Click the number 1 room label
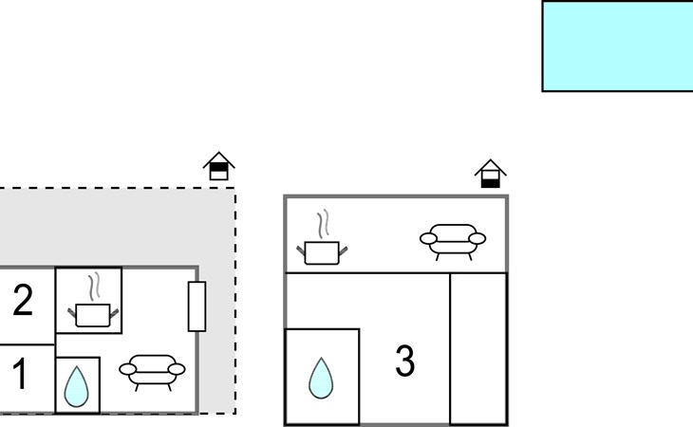click(20, 374)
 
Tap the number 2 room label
click(23, 300)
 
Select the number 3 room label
click(404, 361)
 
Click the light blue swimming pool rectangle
click(617, 46)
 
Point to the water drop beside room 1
click(77, 387)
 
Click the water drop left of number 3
click(321, 379)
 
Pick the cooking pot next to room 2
click(93, 315)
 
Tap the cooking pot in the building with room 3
click(322, 252)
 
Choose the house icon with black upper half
click(218, 166)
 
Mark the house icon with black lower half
click(491, 174)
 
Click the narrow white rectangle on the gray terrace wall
click(197, 306)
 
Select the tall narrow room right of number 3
click(478, 349)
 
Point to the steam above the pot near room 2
click(94, 287)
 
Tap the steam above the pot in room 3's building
click(324, 224)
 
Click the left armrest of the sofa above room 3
click(428, 239)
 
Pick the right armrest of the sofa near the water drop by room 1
click(177, 369)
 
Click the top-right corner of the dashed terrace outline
click(235, 188)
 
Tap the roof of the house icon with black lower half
click(491, 167)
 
